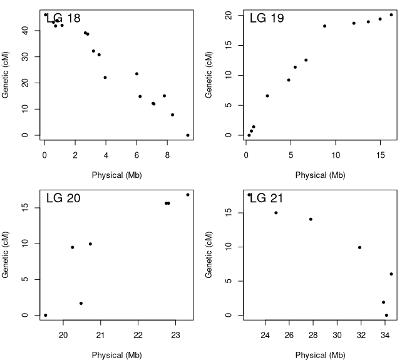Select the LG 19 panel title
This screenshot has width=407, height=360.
[x=267, y=18]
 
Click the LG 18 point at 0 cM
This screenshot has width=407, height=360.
[x=188, y=135]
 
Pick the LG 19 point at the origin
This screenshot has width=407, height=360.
[x=249, y=135]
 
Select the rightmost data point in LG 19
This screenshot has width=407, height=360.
[x=391, y=15]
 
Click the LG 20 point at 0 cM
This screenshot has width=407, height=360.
[x=46, y=315]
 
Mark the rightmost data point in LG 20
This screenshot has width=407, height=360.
[x=188, y=195]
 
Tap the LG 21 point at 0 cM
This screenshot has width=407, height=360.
[x=386, y=315]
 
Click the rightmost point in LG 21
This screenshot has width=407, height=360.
[x=391, y=274]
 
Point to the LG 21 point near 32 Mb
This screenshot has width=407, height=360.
[x=359, y=247]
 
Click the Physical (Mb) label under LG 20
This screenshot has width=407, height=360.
[x=117, y=355]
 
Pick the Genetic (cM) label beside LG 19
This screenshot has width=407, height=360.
[x=209, y=75]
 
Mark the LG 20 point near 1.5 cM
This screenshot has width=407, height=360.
[x=81, y=303]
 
